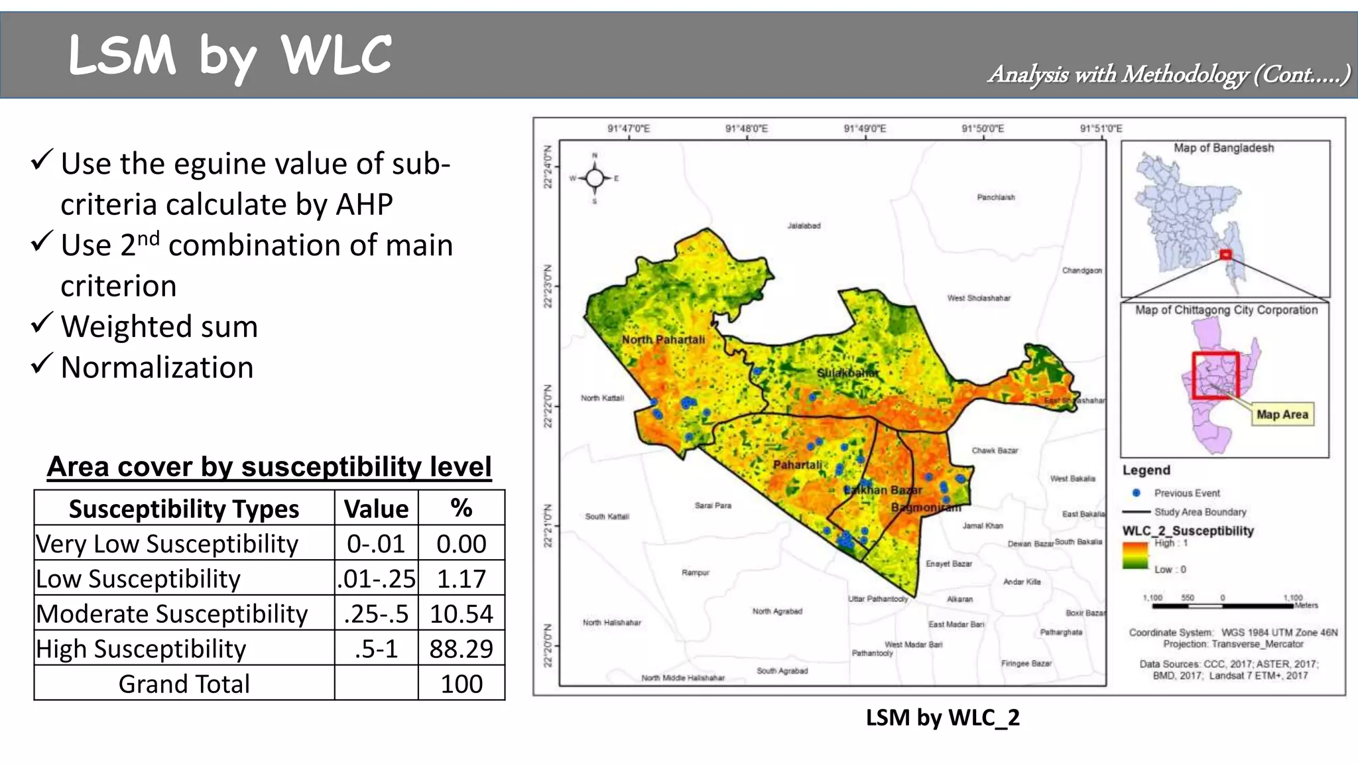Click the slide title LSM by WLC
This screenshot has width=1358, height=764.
click(x=229, y=56)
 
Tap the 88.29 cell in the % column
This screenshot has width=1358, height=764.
click(x=461, y=649)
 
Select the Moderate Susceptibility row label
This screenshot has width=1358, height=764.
click(x=172, y=613)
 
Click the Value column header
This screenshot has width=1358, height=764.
click(x=376, y=509)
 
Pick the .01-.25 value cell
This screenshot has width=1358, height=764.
click(x=376, y=578)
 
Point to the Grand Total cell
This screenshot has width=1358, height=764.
click(x=184, y=684)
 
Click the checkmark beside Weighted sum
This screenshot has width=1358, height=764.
click(x=41, y=323)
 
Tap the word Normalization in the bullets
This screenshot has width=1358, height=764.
click(x=157, y=367)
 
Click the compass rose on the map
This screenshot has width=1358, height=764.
click(x=595, y=178)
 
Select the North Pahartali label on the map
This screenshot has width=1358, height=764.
click(x=663, y=340)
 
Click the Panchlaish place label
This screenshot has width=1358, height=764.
click(x=995, y=197)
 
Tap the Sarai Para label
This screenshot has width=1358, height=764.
click(x=713, y=505)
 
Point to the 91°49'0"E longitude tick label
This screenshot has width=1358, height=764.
click(x=865, y=129)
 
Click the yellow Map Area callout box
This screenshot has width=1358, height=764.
click(x=1282, y=414)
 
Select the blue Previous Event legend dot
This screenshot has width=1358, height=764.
click(x=1136, y=493)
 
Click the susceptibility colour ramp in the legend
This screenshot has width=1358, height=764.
click(x=1135, y=556)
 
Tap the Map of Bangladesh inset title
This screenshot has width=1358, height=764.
click(x=1223, y=148)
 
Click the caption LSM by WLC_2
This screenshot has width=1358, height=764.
click(x=942, y=718)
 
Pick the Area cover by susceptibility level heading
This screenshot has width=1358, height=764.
click(x=269, y=467)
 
